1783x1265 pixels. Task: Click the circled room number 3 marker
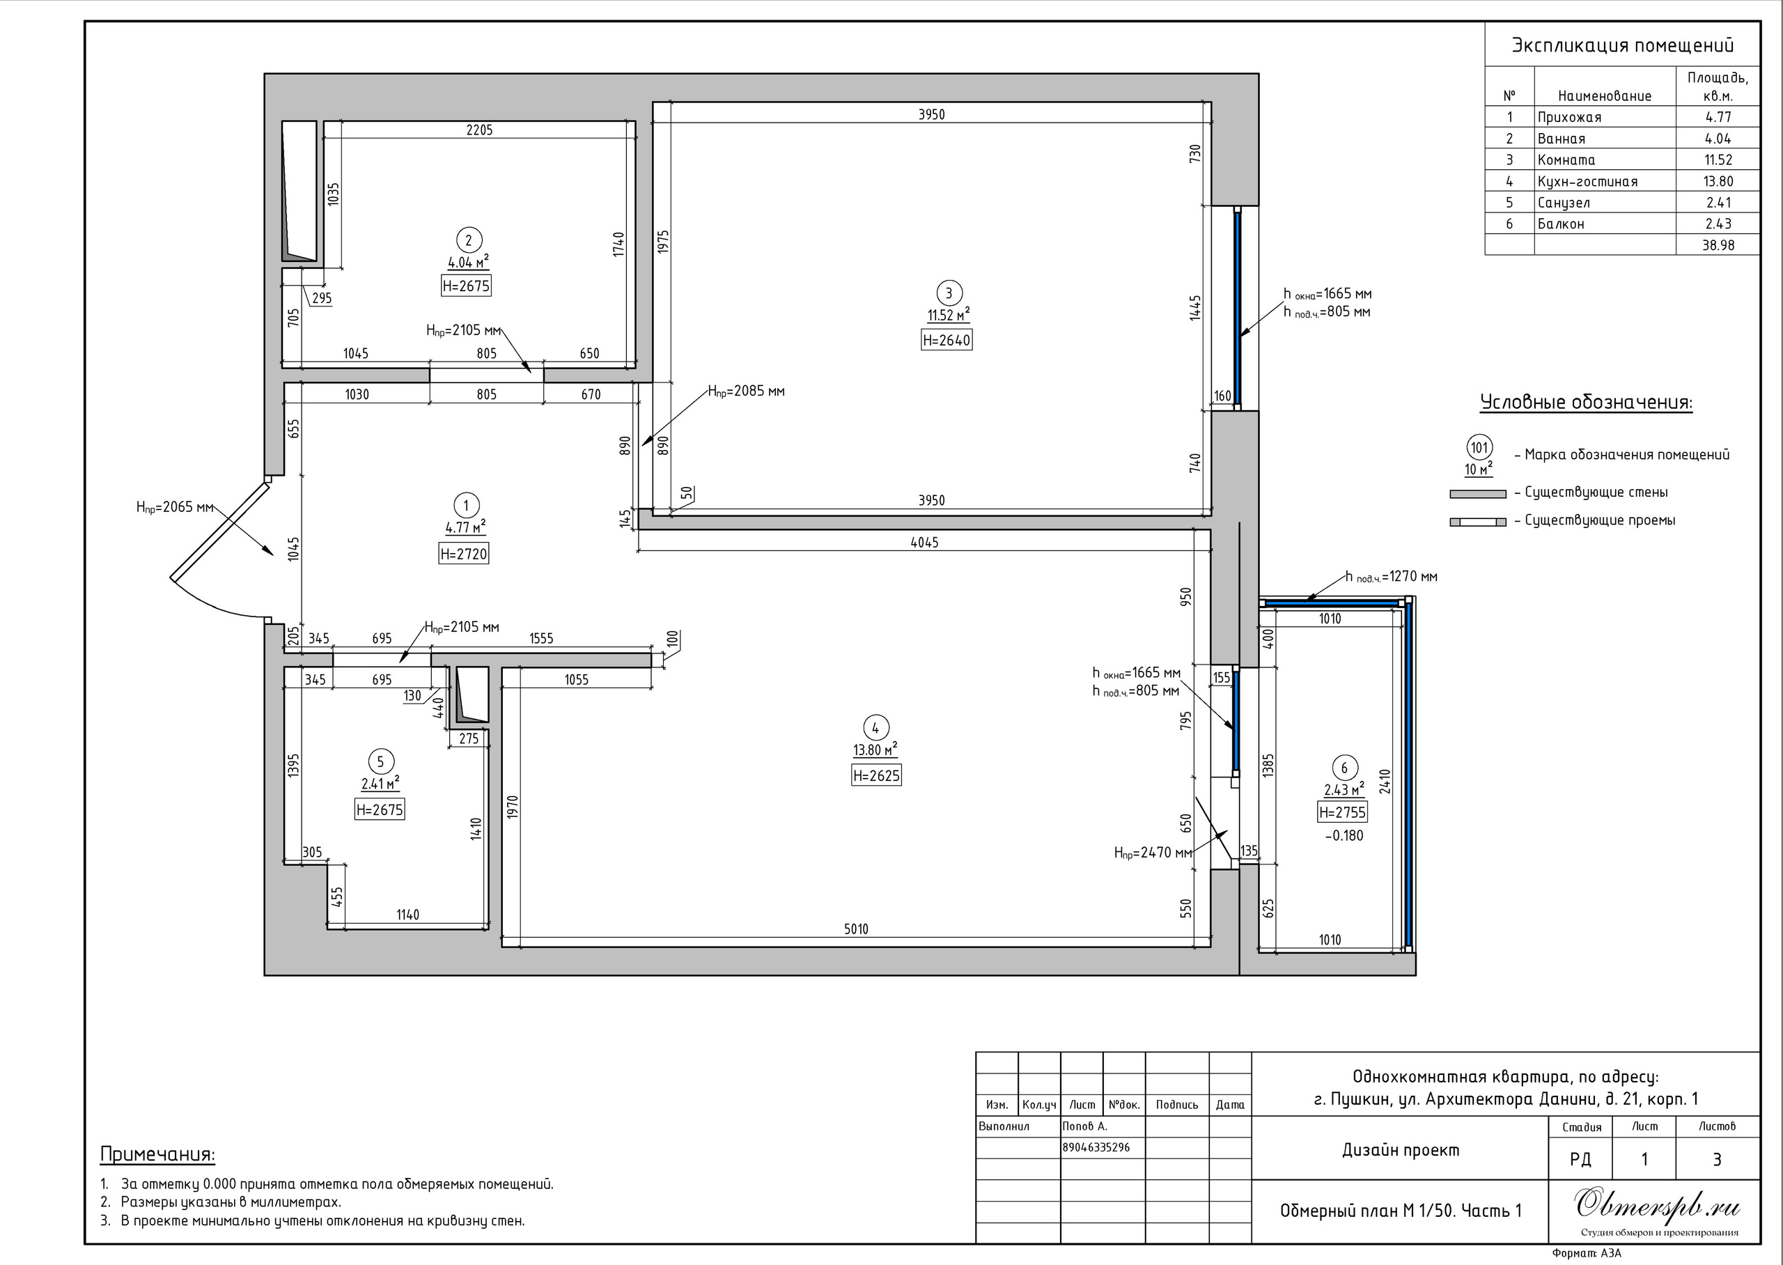click(949, 294)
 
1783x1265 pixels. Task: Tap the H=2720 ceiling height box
click(464, 554)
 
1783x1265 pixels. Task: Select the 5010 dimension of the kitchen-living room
click(856, 929)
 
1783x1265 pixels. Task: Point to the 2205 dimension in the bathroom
click(480, 130)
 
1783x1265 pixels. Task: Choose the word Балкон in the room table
click(1560, 224)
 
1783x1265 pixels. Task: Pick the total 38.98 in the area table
click(1718, 245)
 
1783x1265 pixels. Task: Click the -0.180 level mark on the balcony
click(1344, 836)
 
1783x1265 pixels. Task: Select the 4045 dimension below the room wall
click(924, 542)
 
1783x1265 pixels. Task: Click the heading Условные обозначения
click(1586, 403)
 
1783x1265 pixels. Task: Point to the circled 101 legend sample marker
click(1479, 448)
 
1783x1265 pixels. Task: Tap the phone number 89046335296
click(1096, 1147)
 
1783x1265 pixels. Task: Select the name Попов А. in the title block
click(1084, 1126)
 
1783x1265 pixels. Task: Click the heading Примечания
click(157, 1154)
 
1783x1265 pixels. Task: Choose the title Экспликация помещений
click(1623, 45)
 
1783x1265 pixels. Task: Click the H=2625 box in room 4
click(876, 775)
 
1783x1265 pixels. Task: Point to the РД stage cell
click(1580, 1160)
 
